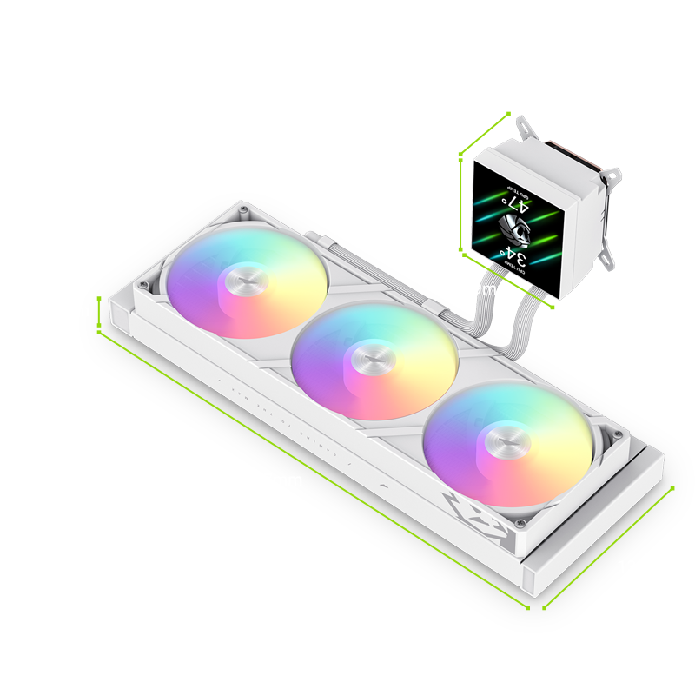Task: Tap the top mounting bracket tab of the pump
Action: point(526,128)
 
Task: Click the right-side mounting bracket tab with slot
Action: point(612,178)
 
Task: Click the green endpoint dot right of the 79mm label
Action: point(553,307)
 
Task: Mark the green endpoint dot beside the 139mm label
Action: point(673,488)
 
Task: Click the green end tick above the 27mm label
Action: point(98,297)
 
